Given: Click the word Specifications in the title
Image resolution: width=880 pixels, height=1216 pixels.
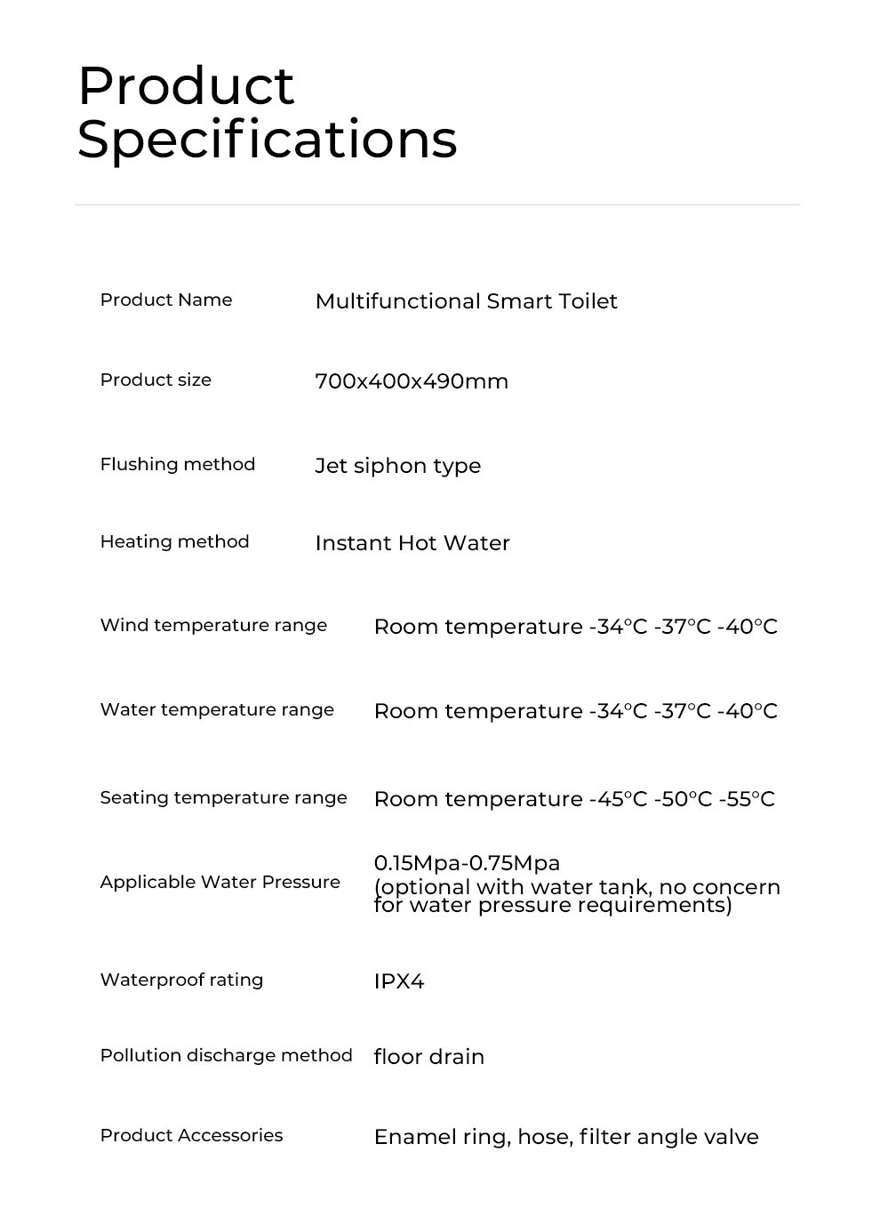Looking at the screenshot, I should (267, 140).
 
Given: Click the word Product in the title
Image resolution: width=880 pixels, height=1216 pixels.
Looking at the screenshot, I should (186, 86).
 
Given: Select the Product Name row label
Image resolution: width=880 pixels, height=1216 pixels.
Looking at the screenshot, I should (166, 300).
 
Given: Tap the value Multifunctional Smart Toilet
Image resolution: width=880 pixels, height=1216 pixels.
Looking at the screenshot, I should (466, 301).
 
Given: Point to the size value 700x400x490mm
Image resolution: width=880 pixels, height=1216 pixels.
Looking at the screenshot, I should (412, 381).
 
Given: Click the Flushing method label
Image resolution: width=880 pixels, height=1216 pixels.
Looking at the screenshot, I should (178, 464).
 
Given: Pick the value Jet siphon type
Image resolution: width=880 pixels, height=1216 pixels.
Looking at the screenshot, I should (397, 466).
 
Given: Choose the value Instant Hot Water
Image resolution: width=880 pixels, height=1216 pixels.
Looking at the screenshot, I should (412, 543).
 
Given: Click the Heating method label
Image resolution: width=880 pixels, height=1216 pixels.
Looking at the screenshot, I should (174, 541).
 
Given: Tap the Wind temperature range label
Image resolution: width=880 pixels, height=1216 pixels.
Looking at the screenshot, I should (213, 625).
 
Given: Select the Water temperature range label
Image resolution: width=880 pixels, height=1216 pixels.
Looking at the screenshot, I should (217, 709).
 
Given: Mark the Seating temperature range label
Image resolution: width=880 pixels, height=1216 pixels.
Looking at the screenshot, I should (223, 797).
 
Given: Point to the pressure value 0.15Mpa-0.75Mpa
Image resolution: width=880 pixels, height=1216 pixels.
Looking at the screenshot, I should (467, 862).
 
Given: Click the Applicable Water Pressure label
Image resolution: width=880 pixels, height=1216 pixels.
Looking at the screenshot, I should (220, 882).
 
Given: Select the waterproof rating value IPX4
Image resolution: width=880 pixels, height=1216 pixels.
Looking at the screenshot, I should (399, 981).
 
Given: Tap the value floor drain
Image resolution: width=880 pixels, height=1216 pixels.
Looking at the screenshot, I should (428, 1057).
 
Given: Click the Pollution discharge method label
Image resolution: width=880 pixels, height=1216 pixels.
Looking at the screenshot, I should (226, 1055).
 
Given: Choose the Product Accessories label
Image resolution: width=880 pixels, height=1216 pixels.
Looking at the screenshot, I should (191, 1135).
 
